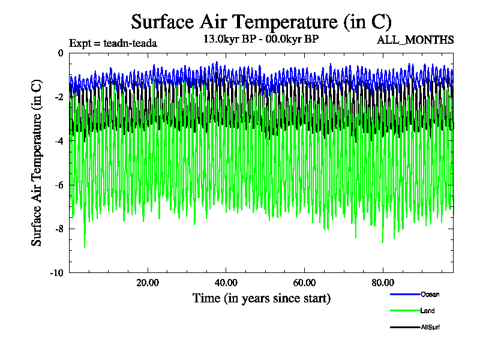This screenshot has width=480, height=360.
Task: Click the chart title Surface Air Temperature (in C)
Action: coord(261,22)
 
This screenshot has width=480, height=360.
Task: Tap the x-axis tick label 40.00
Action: coord(226,283)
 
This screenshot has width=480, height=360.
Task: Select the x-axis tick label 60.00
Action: coord(305,283)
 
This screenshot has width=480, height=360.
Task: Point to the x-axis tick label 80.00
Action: coord(383,283)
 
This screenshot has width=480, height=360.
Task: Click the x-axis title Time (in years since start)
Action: coord(261,298)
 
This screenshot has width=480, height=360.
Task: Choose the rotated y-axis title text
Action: coord(37,163)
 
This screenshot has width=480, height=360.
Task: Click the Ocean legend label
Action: coord(430,294)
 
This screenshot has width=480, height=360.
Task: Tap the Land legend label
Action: coord(428,311)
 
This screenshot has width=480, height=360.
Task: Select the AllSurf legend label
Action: coord(431,327)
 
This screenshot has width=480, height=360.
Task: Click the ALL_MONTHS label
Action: coord(415,40)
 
